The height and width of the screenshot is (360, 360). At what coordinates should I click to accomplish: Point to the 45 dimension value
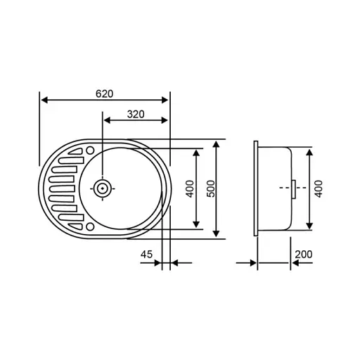tap(147, 255)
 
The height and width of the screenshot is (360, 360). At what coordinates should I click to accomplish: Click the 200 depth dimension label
tap(304, 255)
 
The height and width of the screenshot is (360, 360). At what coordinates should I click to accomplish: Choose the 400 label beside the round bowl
tap(190, 188)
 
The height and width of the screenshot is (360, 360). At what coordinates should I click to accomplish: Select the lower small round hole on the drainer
tap(91, 226)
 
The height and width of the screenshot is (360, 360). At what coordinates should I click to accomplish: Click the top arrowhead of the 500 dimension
tap(217, 143)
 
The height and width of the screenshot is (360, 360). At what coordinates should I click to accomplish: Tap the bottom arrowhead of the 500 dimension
tap(217, 234)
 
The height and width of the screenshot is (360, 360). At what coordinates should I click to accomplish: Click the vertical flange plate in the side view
tap(257, 188)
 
